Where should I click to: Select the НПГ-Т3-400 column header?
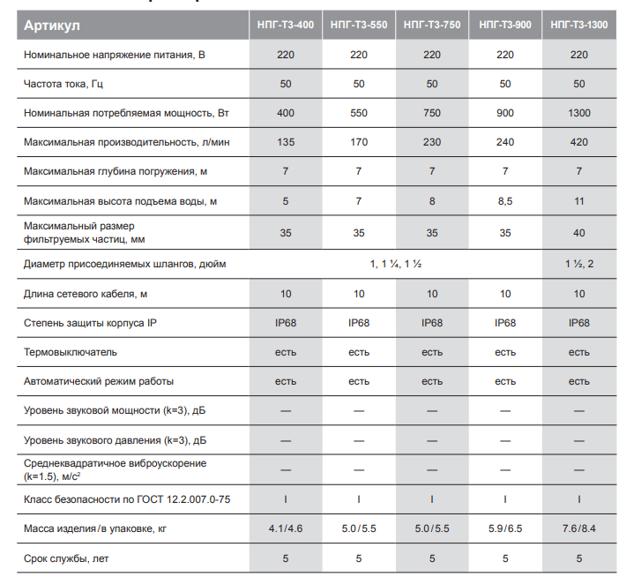[286, 25]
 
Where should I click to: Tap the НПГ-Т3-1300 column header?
[578, 25]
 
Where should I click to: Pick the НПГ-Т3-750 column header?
[432, 25]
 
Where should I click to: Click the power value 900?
[505, 113]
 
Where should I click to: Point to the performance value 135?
[286, 142]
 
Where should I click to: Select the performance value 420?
[578, 142]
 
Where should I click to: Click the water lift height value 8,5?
[505, 201]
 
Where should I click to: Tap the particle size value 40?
[578, 233]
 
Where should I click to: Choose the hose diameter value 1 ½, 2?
[578, 264]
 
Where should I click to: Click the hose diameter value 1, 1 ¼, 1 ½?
[396, 264]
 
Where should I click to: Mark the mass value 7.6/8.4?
[578, 528]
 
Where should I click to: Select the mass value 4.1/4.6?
[286, 528]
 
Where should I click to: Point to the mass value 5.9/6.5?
[505, 528]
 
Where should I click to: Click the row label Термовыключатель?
[71, 352]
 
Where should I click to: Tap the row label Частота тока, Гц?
[63, 84]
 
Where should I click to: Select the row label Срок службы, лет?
[66, 558]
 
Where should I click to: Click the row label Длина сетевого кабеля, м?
[86, 294]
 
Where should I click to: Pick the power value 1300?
[578, 113]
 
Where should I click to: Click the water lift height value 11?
[578, 201]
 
